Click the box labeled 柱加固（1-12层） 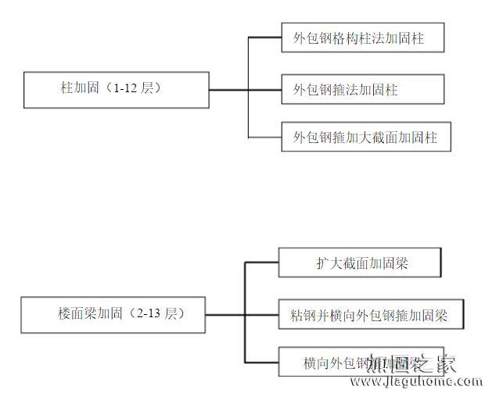[116, 90]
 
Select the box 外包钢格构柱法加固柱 [364, 38]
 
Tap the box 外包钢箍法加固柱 [364, 90]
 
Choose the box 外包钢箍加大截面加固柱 [365, 138]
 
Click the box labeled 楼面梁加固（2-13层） [115, 315]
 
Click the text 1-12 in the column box [126, 89]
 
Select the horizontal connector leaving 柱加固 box [228, 90]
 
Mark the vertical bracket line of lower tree [245, 313]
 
